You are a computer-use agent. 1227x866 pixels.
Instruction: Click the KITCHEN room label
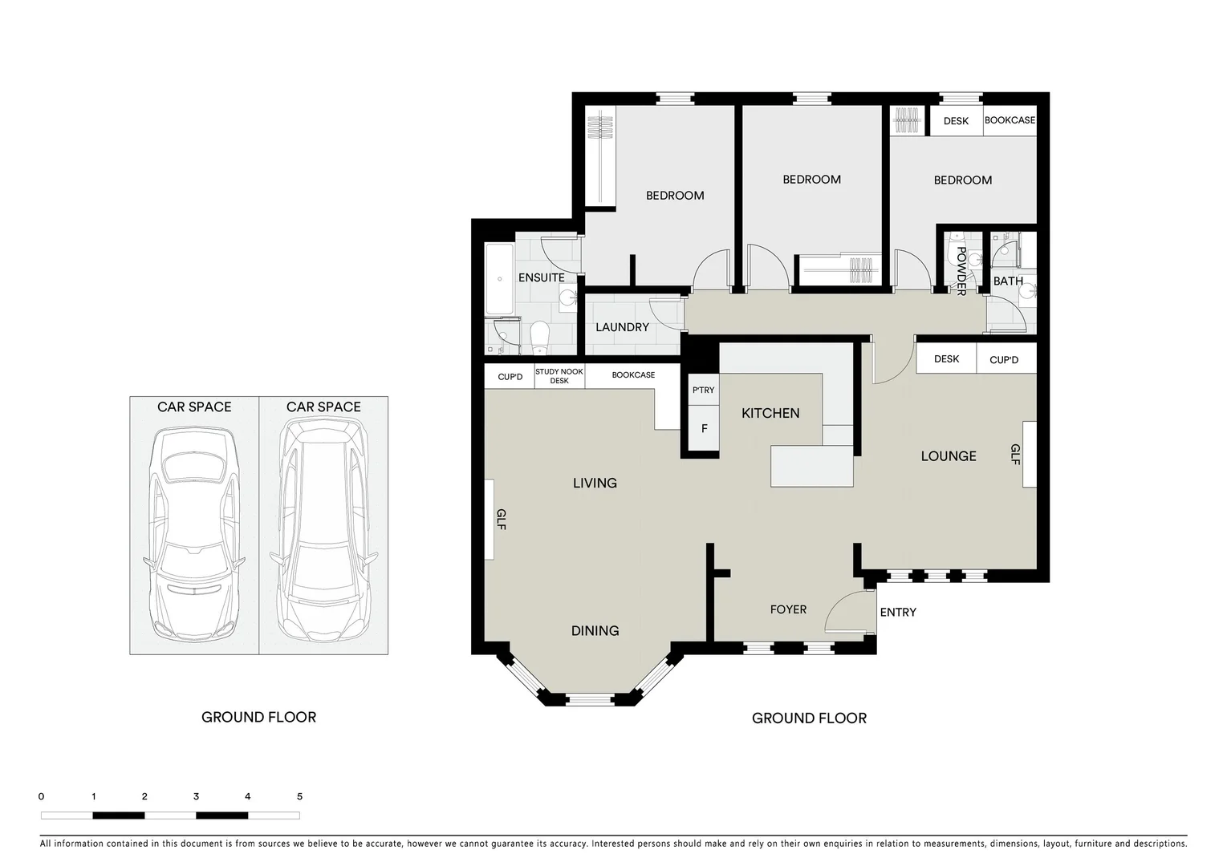(x=770, y=413)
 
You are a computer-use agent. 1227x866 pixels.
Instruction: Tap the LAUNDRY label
(x=622, y=327)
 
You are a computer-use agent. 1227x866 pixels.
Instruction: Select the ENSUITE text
(x=541, y=277)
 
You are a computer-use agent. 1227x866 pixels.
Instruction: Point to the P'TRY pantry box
(x=703, y=391)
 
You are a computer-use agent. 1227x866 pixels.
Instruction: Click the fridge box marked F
(x=704, y=429)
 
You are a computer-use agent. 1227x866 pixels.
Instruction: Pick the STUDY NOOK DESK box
(x=559, y=376)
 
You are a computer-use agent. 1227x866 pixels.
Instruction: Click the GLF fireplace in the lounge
(x=1029, y=455)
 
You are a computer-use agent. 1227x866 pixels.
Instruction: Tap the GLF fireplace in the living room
(x=489, y=520)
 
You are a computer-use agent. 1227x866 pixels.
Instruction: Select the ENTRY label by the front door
(x=897, y=612)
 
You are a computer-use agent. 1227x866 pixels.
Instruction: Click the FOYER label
(x=788, y=609)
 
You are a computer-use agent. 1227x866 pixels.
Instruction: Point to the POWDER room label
(x=961, y=272)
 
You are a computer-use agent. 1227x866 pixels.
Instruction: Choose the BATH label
(x=1008, y=281)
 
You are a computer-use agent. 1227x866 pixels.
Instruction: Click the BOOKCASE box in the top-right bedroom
(x=1010, y=120)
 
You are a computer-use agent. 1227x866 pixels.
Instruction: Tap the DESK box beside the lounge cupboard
(x=946, y=359)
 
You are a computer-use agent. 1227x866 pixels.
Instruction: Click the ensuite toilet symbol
(x=539, y=337)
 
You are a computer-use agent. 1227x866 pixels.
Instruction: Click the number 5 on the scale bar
(x=299, y=796)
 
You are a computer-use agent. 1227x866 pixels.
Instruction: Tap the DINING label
(x=595, y=631)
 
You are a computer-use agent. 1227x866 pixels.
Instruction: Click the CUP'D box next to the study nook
(x=510, y=376)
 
